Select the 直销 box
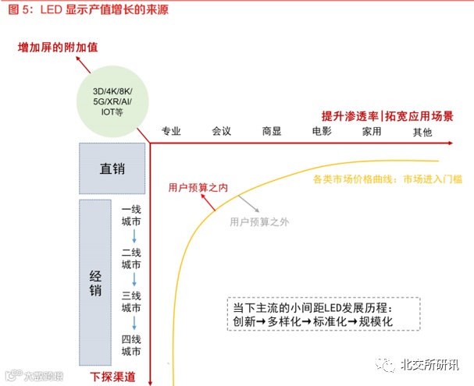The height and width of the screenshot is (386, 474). point(112,168)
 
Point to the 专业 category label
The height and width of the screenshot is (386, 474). point(171,131)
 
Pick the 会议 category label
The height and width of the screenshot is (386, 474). point(221,131)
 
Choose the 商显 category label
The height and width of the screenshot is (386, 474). point(271,131)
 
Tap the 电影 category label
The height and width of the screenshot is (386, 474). point(322,131)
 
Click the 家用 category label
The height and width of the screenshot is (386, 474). point(372,131)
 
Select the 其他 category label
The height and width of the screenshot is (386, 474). point(422,132)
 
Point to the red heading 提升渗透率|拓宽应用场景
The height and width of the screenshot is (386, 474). point(387,115)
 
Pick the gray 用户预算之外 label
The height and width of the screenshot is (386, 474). point(259,221)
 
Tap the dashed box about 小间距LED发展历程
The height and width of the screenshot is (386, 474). point(323,314)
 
